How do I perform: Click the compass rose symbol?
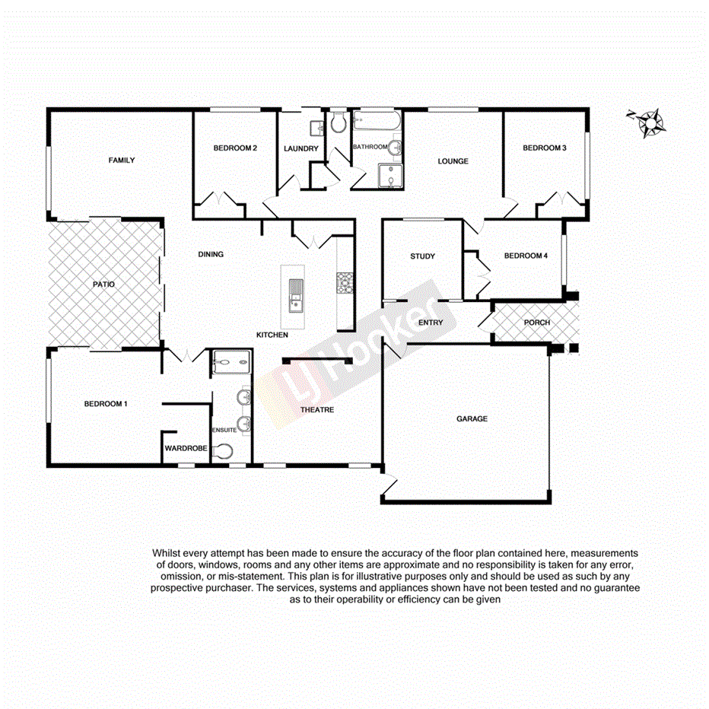point(649,122)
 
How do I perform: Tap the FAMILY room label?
point(122,160)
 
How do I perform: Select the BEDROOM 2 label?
point(234,148)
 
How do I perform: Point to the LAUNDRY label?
point(300,148)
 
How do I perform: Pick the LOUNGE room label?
point(453,161)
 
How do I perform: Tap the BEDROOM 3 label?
point(544,148)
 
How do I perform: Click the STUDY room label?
point(422,256)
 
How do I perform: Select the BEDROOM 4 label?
point(526,256)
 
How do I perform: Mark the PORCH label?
point(537,323)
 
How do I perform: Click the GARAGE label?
point(472,418)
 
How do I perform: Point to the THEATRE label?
point(317,410)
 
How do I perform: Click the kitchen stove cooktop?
point(345,283)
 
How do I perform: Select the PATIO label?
point(104,284)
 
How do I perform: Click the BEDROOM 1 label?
point(105,404)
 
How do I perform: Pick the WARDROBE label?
point(186,449)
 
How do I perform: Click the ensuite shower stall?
point(232,362)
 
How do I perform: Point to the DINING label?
point(211,254)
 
